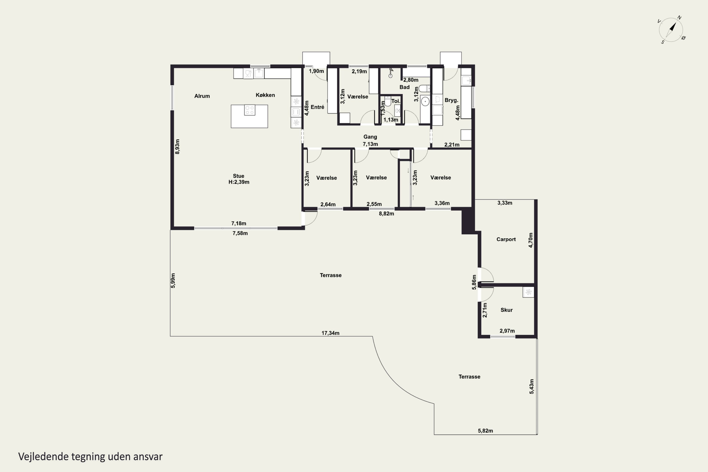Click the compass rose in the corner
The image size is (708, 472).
click(671, 30)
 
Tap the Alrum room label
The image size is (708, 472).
click(202, 96)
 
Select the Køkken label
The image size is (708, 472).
click(265, 95)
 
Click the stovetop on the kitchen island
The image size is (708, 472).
click(249, 110)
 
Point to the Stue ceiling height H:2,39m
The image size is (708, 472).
click(239, 182)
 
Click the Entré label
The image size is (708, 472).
click(317, 107)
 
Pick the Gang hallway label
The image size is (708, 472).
click(370, 137)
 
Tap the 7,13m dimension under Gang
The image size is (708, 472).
click(370, 144)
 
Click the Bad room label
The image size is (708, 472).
click(405, 87)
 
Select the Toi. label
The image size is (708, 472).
click(396, 101)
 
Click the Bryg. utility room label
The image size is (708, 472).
click(451, 100)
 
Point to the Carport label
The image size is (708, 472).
click(506, 239)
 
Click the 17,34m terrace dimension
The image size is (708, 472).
click(330, 333)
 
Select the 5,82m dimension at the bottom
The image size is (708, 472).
click(485, 431)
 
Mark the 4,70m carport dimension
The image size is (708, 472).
click(531, 240)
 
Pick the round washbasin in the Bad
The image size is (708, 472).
click(425, 101)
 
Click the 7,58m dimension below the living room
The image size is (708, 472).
click(240, 233)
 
